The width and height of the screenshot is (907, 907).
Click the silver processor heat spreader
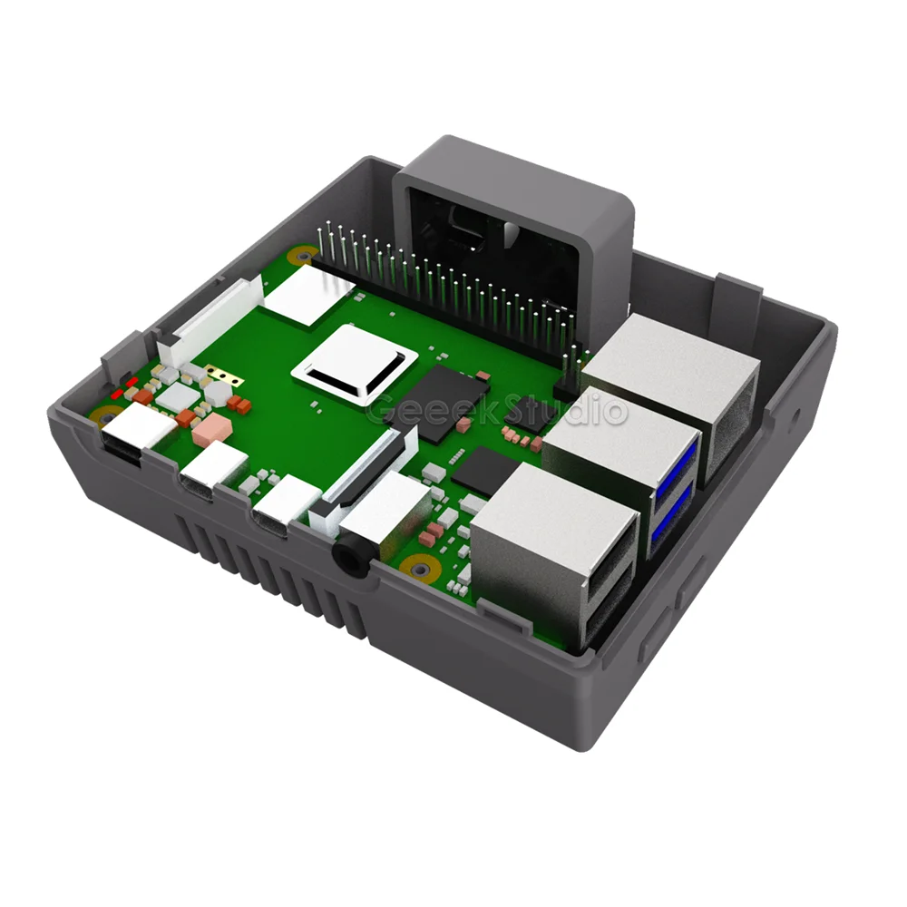[355, 364]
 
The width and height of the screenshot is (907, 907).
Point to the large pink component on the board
[211, 432]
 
